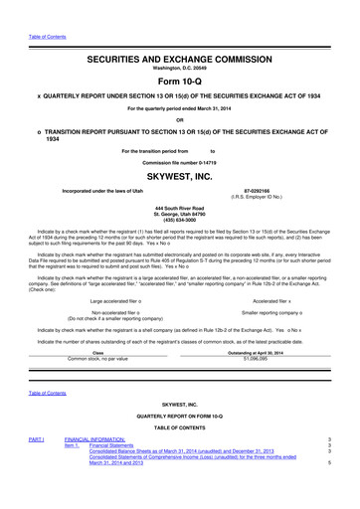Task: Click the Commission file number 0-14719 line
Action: pyautogui.click(x=180, y=159)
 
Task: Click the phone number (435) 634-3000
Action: pyautogui.click(x=180, y=223)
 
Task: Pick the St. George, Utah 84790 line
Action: pyautogui.click(x=180, y=216)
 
